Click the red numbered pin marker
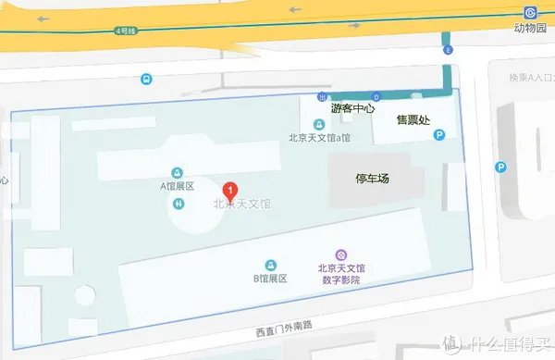click(230, 191)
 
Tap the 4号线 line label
click(125, 31)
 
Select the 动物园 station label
click(530, 29)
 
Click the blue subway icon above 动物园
click(530, 12)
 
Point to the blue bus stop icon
click(147, 80)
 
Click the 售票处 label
click(413, 119)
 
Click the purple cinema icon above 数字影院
click(340, 254)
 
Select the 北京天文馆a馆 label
click(320, 139)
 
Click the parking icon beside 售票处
click(440, 135)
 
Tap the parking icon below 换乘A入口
click(500, 168)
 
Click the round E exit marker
click(449, 49)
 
